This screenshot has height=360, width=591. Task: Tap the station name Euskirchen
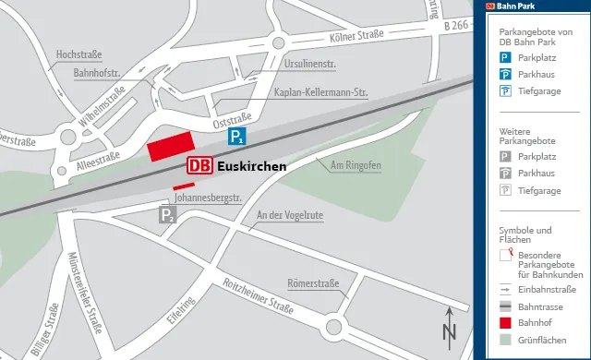251,167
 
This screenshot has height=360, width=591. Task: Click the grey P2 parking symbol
167,216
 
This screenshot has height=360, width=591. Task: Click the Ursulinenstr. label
309,66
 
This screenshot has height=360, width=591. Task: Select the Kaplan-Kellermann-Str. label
321,92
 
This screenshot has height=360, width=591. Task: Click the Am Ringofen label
356,165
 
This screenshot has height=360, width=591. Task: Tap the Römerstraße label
313,283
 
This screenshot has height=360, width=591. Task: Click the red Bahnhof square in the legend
505,323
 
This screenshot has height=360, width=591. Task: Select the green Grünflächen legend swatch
505,341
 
